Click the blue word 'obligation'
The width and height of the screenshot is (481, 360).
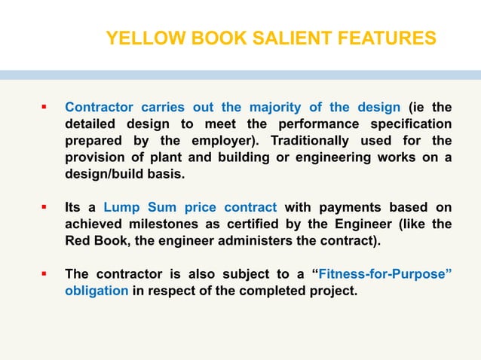tap(96, 290)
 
